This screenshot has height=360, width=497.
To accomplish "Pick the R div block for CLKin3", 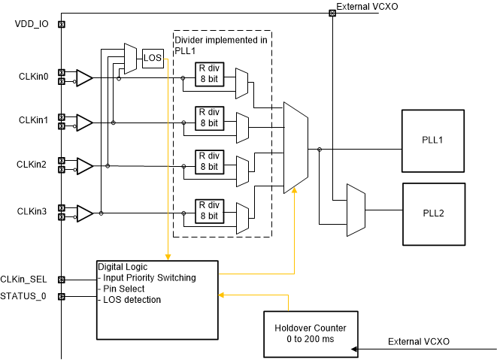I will click(x=208, y=210).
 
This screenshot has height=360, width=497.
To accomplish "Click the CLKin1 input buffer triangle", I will click(x=84, y=121).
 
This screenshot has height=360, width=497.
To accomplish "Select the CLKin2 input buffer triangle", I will click(x=84, y=165).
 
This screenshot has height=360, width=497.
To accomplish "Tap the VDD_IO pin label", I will click(x=32, y=24).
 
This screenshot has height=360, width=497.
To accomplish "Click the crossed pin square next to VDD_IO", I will click(x=62, y=24).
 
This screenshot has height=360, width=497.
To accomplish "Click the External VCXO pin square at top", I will click(x=332, y=12).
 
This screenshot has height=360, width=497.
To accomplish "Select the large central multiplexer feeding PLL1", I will click(x=295, y=148).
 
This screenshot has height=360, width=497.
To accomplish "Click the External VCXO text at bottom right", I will click(x=419, y=342).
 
